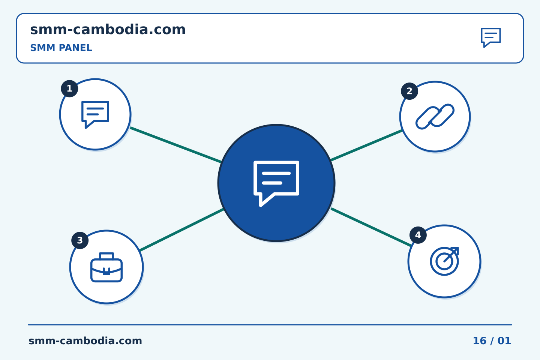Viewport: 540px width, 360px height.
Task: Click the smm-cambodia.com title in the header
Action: click(x=108, y=30)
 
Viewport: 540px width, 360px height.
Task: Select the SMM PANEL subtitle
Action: click(x=61, y=48)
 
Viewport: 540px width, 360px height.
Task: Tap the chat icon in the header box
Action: click(x=491, y=37)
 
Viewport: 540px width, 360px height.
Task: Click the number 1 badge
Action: click(x=69, y=88)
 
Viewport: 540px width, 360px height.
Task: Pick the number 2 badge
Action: click(x=409, y=91)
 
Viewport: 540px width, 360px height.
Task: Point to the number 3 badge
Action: click(x=80, y=240)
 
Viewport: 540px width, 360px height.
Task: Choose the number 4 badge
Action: click(x=418, y=235)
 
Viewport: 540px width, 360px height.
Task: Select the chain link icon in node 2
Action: click(x=435, y=117)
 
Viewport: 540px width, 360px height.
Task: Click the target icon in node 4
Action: click(x=444, y=261)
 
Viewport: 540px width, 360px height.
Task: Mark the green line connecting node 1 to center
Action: click(x=176, y=145)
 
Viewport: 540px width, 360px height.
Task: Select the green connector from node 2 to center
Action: click(x=366, y=145)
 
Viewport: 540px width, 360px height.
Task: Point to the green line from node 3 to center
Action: click(x=182, y=230)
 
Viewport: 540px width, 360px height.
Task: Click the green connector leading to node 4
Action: click(x=371, y=227)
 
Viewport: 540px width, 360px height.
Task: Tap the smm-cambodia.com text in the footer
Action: click(x=85, y=341)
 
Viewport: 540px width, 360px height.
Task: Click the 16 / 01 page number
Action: click(x=492, y=341)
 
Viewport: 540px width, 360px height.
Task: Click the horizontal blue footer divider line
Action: click(x=270, y=325)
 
